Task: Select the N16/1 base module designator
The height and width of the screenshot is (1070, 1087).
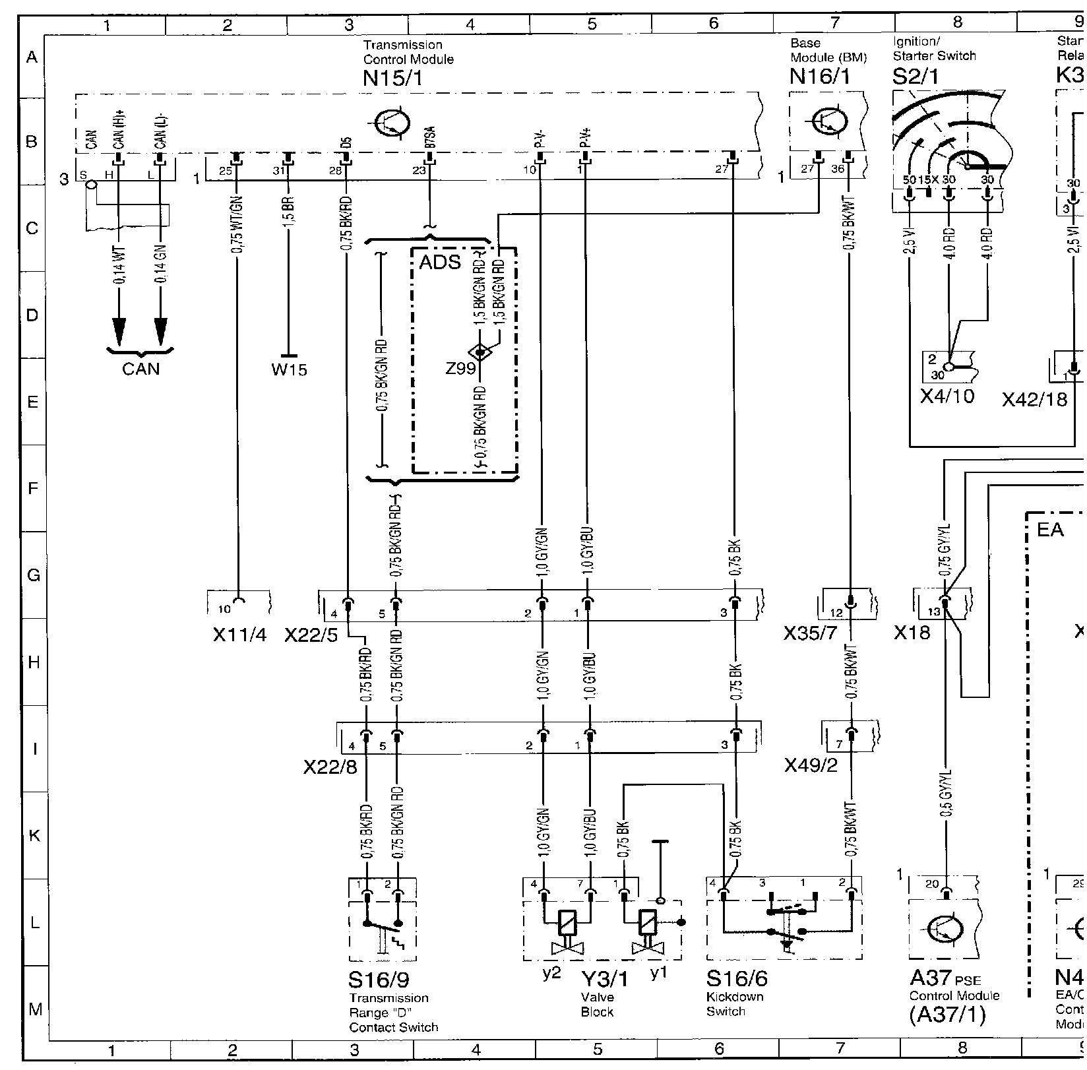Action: point(820,77)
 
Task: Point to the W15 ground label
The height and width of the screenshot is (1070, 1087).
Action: point(289,369)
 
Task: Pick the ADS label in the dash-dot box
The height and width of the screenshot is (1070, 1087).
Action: point(440,263)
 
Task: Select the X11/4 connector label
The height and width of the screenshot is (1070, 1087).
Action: point(239,635)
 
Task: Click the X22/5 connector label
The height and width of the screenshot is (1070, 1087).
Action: point(311,635)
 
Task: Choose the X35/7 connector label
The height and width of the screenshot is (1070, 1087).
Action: point(810,634)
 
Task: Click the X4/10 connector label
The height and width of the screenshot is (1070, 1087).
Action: point(947,396)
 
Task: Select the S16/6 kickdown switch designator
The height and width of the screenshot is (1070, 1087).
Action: point(737,978)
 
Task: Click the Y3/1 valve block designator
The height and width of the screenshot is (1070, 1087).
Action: point(603,980)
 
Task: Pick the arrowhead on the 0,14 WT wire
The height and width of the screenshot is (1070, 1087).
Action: point(119,330)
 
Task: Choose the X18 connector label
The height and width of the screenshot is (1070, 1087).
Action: point(912,633)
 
